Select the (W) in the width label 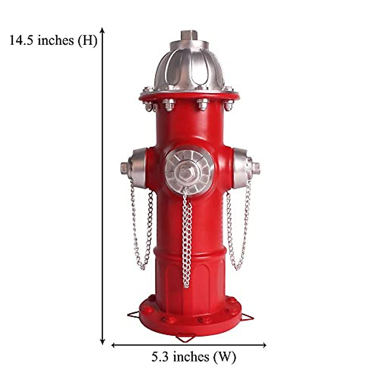point(224,357)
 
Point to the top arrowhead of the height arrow point(102,30)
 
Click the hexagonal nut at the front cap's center point(185,172)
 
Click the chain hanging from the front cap point(187,239)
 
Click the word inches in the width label point(191,357)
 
